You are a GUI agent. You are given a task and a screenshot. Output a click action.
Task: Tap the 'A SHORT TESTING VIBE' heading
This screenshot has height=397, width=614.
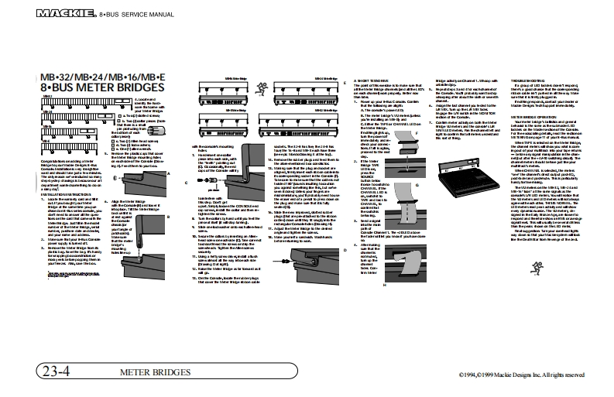[x=372, y=80]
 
